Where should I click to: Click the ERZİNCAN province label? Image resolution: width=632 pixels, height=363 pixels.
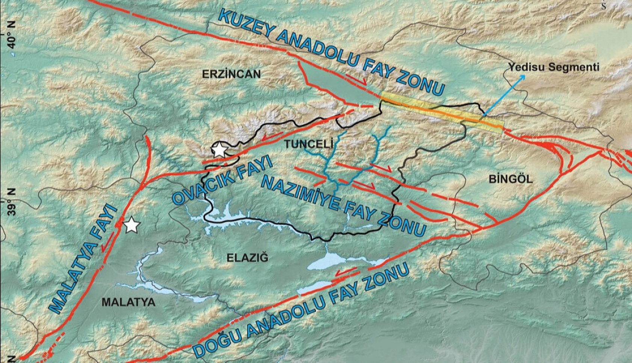point(231,74)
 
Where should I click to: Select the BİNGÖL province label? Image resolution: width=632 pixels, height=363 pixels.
point(511,179)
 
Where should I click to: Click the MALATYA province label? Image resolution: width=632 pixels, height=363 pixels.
point(128,302)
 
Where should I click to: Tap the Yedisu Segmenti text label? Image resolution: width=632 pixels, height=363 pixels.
point(553,67)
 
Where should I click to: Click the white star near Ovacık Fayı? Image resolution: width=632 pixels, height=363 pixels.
point(219,150)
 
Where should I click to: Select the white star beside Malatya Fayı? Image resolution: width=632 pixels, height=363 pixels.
point(132,226)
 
